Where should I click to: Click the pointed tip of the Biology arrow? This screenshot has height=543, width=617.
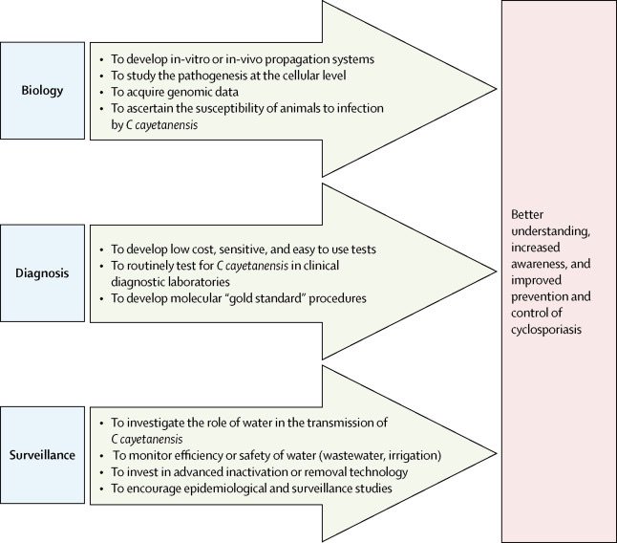493,93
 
